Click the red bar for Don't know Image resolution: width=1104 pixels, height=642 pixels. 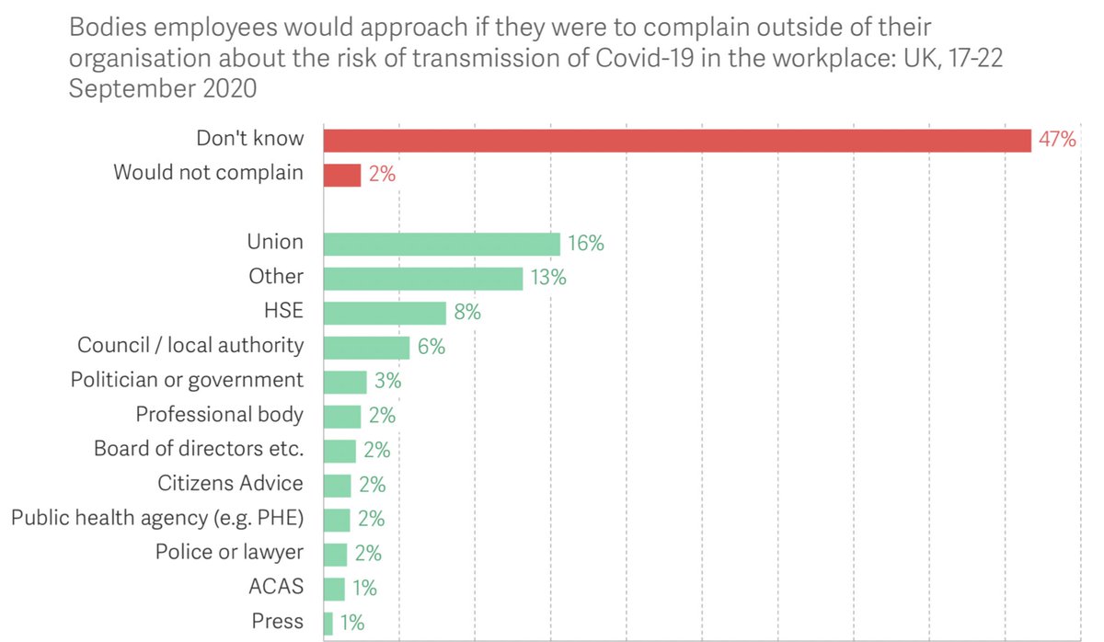click(677, 140)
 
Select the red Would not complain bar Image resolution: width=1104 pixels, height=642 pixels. click(342, 174)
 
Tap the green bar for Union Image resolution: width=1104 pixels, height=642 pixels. click(442, 244)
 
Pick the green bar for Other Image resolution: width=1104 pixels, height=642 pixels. click(423, 278)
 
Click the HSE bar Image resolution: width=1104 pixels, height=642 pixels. click(385, 313)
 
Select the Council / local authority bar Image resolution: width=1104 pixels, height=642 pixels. click(367, 347)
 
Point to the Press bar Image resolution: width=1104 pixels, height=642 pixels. click(328, 623)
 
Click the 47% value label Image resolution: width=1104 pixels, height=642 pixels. click(1057, 140)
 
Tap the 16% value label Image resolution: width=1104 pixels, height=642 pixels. click(586, 244)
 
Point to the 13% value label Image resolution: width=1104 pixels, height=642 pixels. click(548, 278)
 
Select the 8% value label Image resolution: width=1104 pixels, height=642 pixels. click(467, 313)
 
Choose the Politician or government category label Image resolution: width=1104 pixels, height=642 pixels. click(187, 380)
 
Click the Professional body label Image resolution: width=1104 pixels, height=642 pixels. click(219, 415)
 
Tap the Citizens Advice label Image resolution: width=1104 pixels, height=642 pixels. click(230, 484)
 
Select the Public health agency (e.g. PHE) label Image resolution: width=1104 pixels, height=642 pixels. click(157, 519)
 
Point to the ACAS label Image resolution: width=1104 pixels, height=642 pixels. click(279, 588)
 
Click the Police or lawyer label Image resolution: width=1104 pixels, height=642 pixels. click(229, 553)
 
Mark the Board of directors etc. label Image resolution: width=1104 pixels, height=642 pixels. click(199, 450)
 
